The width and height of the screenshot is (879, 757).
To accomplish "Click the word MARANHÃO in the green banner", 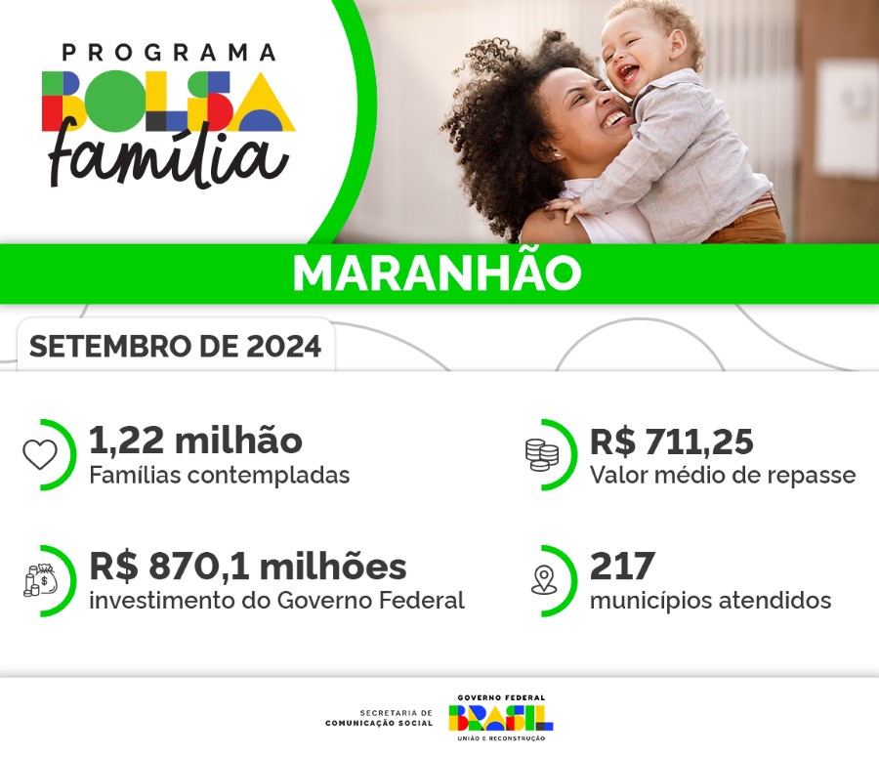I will pyautogui.click(x=437, y=274).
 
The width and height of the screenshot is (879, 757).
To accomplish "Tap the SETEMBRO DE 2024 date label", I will pyautogui.click(x=175, y=347).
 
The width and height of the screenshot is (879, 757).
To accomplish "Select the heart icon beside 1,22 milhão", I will pyautogui.click(x=40, y=454).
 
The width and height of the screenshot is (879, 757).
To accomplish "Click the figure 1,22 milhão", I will pyautogui.click(x=195, y=442).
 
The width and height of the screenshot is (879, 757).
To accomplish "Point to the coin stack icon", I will pyautogui.click(x=541, y=454).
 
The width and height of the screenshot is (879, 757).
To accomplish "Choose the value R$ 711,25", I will pyautogui.click(x=671, y=442).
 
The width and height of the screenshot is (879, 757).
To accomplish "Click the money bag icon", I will pyautogui.click(x=40, y=579).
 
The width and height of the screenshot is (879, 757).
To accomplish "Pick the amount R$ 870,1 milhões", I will pyautogui.click(x=247, y=567).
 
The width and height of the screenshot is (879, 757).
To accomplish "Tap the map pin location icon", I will pyautogui.click(x=543, y=580).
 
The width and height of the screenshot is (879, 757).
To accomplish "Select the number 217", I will pyautogui.click(x=622, y=567).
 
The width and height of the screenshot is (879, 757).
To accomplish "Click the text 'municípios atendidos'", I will pyautogui.click(x=710, y=601).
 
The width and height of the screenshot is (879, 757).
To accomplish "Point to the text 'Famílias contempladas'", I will pyautogui.click(x=219, y=476).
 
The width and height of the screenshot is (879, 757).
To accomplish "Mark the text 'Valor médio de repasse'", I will pyautogui.click(x=722, y=476).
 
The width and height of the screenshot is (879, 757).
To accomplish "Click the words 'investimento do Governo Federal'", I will pyautogui.click(x=276, y=601).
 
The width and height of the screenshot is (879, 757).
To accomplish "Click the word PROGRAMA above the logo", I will pyautogui.click(x=168, y=52).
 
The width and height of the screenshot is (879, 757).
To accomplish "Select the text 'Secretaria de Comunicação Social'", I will pyautogui.click(x=379, y=718).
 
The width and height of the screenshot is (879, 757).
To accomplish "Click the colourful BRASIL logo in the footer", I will pyautogui.click(x=500, y=718).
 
